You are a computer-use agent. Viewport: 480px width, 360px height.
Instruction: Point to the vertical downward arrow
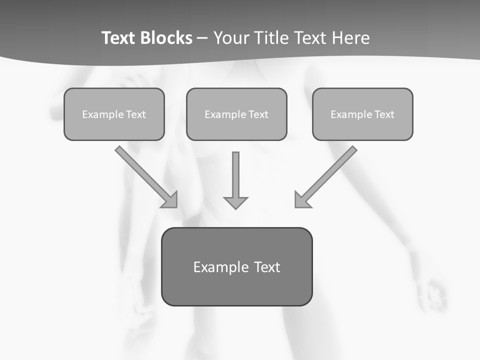[x=235, y=175]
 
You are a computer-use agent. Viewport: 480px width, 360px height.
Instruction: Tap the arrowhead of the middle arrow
[x=235, y=202]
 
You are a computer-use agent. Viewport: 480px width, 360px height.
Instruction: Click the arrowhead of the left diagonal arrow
[x=171, y=201]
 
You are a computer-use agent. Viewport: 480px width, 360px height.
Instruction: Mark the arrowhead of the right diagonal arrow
[x=301, y=201]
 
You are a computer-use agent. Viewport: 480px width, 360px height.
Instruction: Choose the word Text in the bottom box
[x=266, y=267]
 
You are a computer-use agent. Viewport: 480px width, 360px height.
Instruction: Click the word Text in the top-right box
[x=383, y=114]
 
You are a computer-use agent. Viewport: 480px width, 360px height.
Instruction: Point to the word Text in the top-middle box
[x=257, y=114]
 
